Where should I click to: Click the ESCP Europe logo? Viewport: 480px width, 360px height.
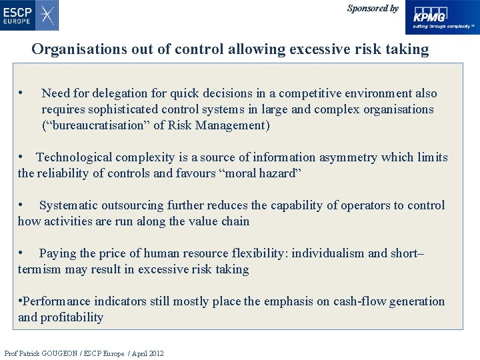click(29, 15)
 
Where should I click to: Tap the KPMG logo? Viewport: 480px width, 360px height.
click(443, 17)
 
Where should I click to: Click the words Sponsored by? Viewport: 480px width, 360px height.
click(373, 9)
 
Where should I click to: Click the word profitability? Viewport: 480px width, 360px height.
click(71, 317)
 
